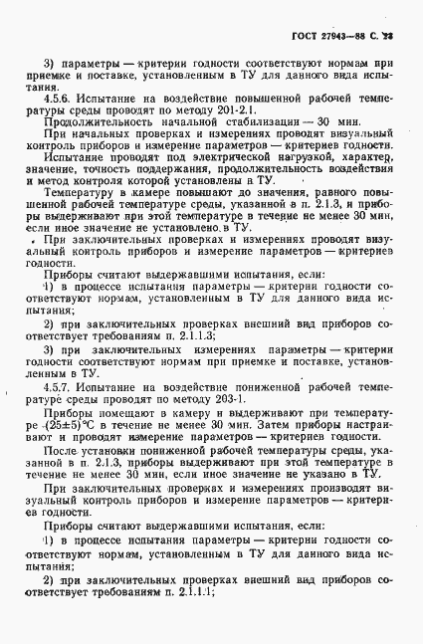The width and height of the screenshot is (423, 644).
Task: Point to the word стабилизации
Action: click(x=256, y=130)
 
